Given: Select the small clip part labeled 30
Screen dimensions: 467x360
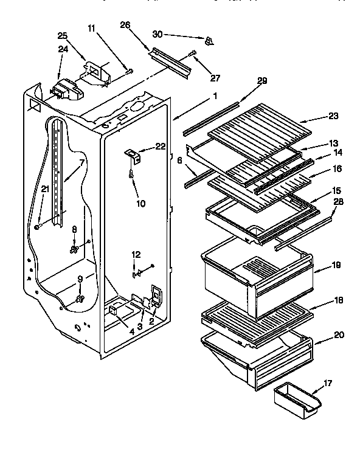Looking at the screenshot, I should click(x=209, y=41).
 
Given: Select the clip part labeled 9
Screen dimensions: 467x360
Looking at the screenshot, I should click(x=79, y=298).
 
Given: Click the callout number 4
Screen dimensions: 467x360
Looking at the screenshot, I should click(x=133, y=332).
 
